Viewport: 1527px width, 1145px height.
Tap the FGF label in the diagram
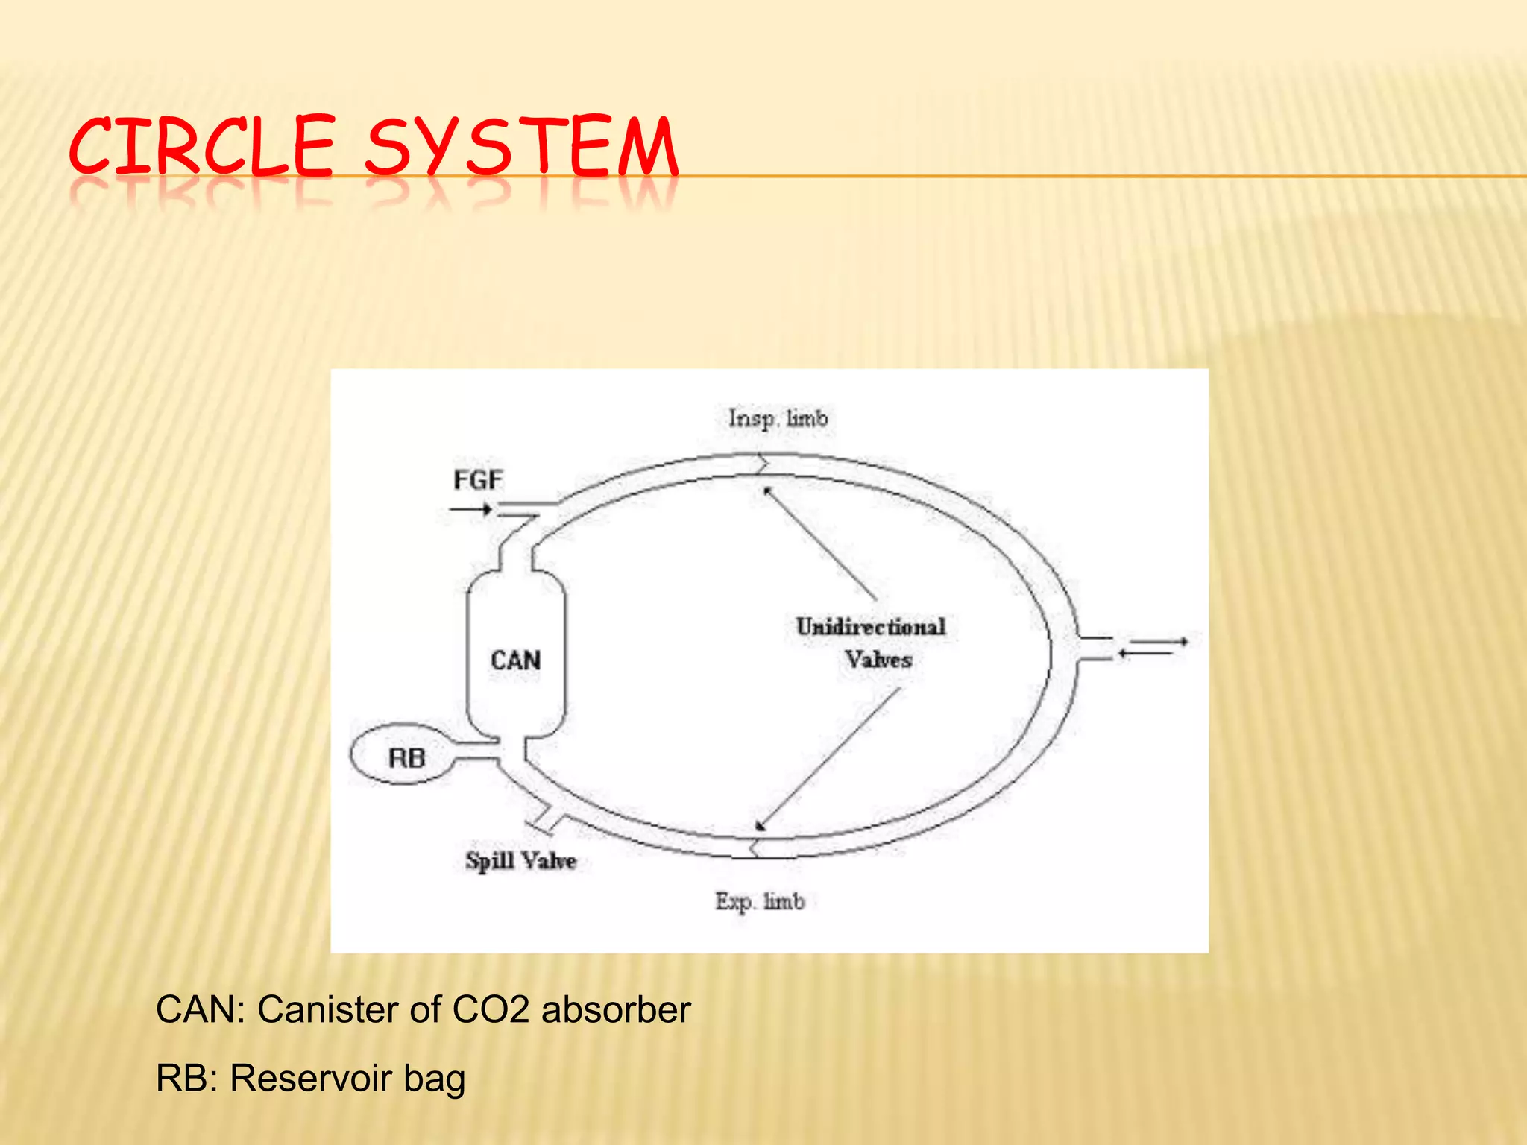coord(478,479)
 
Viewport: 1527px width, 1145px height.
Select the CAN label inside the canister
coord(515,660)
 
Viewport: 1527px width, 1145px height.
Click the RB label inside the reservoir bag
coord(406,758)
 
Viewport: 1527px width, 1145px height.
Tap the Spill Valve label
coord(520,861)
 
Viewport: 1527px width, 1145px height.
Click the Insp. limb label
coord(778,418)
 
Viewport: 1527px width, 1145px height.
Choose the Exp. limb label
coord(760,902)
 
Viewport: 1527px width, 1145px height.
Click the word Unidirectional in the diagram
coord(871,626)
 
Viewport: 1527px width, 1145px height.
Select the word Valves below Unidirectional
coord(878,660)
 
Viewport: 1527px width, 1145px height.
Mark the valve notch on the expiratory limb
coord(755,848)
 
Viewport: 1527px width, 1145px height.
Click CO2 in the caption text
coord(491,1010)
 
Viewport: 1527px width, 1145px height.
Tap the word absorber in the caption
coord(616,1010)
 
